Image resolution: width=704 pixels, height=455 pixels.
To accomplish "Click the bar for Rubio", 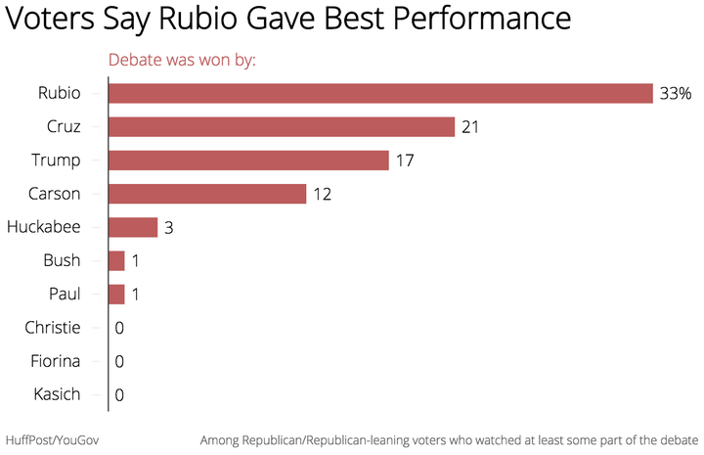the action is click(x=380, y=93).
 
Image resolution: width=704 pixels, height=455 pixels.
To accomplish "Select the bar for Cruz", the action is click(x=282, y=126).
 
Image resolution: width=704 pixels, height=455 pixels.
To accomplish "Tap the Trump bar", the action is click(x=248, y=160).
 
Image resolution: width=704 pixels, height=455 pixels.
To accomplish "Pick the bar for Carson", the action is click(x=207, y=194).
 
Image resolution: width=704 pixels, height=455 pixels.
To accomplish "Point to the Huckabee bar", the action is click(x=133, y=227).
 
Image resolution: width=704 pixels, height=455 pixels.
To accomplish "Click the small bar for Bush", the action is click(x=116, y=261).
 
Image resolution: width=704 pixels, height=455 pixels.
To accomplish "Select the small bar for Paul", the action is click(x=116, y=295).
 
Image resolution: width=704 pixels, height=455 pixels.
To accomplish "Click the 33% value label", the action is click(x=676, y=93).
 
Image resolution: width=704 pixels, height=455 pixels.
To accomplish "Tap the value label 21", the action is click(x=470, y=127).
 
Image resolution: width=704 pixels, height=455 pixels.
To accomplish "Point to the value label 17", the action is click(x=405, y=160).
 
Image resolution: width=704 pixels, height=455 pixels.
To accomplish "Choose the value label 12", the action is click(x=323, y=194).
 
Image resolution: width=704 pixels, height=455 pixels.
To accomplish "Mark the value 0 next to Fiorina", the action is click(x=119, y=362).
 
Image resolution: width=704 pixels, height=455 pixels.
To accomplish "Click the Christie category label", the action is click(x=53, y=328).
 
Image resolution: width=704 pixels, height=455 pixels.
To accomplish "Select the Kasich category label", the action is click(x=57, y=394).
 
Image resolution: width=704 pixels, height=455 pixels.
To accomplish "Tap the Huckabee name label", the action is click(x=44, y=227).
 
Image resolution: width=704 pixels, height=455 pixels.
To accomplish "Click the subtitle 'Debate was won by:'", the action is click(x=182, y=60).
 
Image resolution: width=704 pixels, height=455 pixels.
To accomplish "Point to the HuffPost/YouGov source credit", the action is click(x=52, y=440).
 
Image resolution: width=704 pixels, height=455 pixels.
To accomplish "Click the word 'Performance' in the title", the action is click(x=482, y=18).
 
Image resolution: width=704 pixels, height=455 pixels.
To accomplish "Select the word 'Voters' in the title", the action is click(x=50, y=18).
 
